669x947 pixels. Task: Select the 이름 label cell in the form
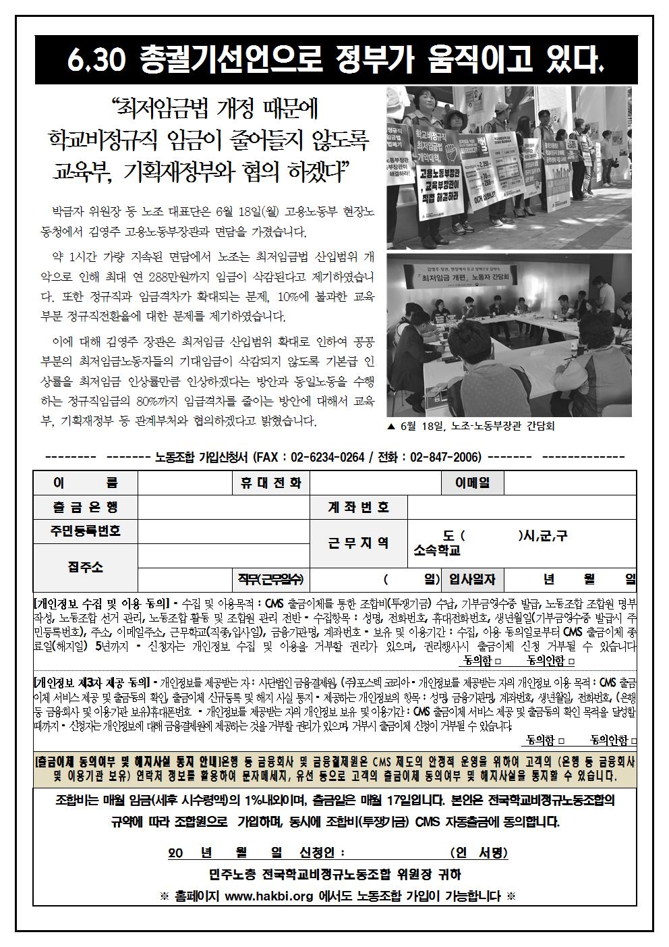(x=85, y=482)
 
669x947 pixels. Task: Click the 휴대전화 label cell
(x=271, y=482)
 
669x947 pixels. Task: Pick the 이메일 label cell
(x=472, y=482)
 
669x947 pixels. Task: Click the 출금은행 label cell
(x=85, y=506)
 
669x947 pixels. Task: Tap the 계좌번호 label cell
(x=358, y=506)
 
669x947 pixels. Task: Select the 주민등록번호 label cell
(x=85, y=531)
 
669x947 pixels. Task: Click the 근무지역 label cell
(x=358, y=543)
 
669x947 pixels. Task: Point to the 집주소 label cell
(x=85, y=567)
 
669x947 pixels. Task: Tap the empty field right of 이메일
(x=569, y=482)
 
